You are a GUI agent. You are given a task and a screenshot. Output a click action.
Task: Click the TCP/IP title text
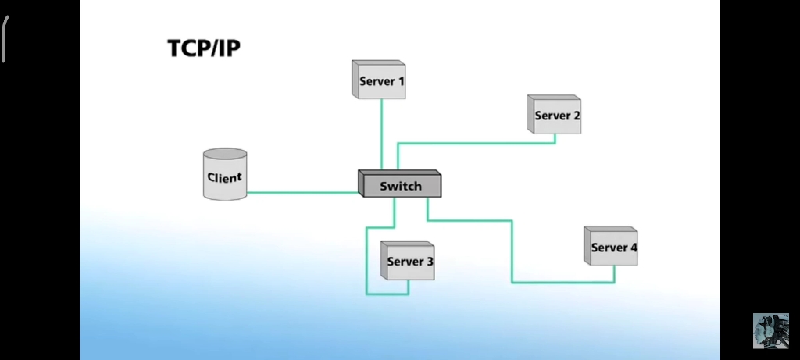pos(204,48)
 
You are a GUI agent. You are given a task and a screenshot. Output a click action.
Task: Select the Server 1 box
pos(380,80)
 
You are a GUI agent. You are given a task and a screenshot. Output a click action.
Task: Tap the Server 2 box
pos(555,115)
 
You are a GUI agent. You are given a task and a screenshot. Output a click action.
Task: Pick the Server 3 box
pos(409,261)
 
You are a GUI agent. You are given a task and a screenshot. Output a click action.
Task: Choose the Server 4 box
pos(612,247)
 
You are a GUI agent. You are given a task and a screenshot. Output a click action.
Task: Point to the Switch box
pos(401,184)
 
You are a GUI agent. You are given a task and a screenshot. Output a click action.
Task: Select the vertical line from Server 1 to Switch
pos(381,133)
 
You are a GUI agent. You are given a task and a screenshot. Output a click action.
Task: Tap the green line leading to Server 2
pos(477,144)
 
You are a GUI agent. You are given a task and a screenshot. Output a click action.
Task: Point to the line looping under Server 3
pos(387,294)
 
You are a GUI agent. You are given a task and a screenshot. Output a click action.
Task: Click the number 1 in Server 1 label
pos(402,81)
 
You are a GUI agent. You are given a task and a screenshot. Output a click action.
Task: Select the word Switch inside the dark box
pos(401,186)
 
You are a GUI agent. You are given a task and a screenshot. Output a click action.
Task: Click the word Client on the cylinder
pos(224,177)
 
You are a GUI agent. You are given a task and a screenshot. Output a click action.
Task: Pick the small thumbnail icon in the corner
pos(770,331)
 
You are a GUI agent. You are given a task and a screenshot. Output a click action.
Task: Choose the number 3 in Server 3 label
pos(430,262)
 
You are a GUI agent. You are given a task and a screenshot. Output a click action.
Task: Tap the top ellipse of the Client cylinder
pos(225,155)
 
